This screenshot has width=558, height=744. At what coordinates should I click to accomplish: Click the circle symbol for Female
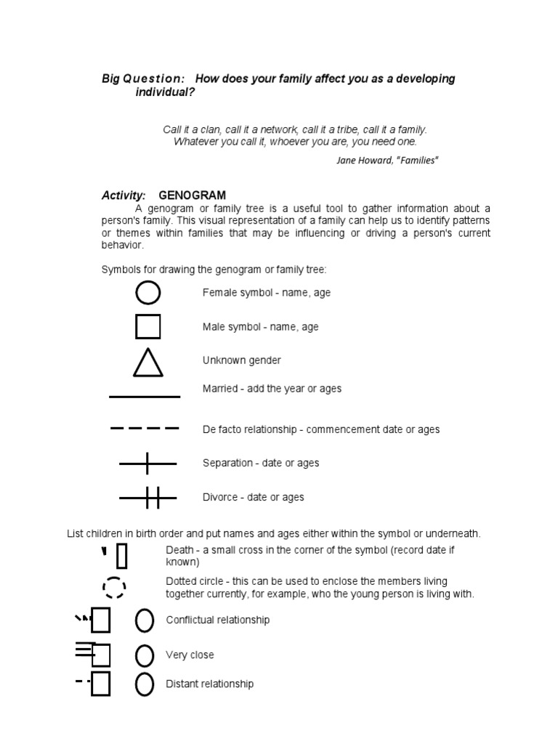pyautogui.click(x=147, y=293)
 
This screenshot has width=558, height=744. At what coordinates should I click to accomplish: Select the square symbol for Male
pyautogui.click(x=147, y=327)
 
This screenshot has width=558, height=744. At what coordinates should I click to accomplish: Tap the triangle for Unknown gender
pyautogui.click(x=147, y=363)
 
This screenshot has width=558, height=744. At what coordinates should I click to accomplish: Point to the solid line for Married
pyautogui.click(x=144, y=397)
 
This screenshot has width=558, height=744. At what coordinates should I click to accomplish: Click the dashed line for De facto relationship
pyautogui.click(x=144, y=429)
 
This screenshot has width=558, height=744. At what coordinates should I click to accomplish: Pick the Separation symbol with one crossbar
pyautogui.click(x=147, y=463)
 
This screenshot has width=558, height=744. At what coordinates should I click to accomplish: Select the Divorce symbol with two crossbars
pyautogui.click(x=147, y=498)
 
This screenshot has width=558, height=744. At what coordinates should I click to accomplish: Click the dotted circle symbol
pyautogui.click(x=114, y=587)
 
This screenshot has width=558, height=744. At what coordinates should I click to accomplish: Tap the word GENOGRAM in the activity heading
pyautogui.click(x=192, y=195)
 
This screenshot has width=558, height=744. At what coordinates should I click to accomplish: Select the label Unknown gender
pyautogui.click(x=241, y=360)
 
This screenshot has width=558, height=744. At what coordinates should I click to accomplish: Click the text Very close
pyautogui.click(x=190, y=655)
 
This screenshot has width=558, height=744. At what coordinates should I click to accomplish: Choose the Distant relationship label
pyautogui.click(x=209, y=684)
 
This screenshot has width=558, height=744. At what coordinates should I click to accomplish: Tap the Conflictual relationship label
pyautogui.click(x=217, y=620)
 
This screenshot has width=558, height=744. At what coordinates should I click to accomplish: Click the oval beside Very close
pyautogui.click(x=145, y=655)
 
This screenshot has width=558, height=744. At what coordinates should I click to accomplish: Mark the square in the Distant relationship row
pyautogui.click(x=100, y=684)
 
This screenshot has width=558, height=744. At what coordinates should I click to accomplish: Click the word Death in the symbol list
pyautogui.click(x=179, y=550)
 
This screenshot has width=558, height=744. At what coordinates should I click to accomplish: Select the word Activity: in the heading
pyautogui.click(x=124, y=195)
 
